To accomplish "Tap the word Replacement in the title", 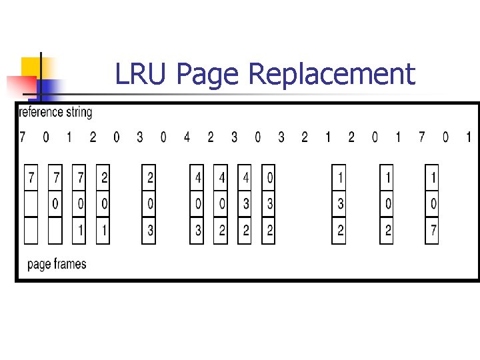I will pyautogui.click(x=331, y=74).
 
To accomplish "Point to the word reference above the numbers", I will pyautogui.click(x=41, y=113).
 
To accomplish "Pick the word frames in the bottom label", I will pyautogui.click(x=68, y=265).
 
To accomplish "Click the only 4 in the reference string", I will pyautogui.click(x=187, y=138).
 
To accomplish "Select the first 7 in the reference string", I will pyautogui.click(x=23, y=138).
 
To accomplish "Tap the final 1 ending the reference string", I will pyautogui.click(x=468, y=138).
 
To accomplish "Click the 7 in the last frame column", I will pyautogui.click(x=432, y=230).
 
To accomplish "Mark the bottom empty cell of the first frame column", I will pyautogui.click(x=31, y=230).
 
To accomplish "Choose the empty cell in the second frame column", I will pyautogui.click(x=56, y=230).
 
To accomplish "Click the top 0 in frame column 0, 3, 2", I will pyautogui.click(x=269, y=179).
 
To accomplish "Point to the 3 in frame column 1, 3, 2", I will pyautogui.click(x=339, y=204).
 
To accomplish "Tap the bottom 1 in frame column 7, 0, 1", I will pyautogui.click(x=79, y=230).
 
